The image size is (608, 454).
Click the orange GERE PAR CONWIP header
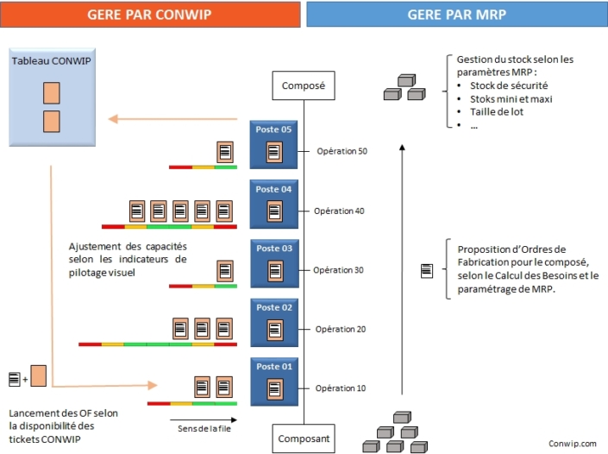pyautogui.click(x=149, y=14)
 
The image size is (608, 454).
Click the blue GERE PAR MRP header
pyautogui.click(x=456, y=14)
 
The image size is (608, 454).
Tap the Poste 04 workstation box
pyautogui.click(x=274, y=204)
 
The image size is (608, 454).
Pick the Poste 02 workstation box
pyautogui.click(x=274, y=322)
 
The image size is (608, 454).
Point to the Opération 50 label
pyautogui.click(x=342, y=152)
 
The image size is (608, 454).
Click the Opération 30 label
pyautogui.click(x=338, y=270)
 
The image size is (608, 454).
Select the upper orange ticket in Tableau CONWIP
pyautogui.click(x=52, y=91)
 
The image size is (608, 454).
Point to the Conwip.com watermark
pyautogui.click(x=572, y=443)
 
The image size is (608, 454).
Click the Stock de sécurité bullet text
pyautogui.click(x=509, y=85)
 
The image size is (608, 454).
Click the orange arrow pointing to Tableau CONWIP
pyautogui.click(x=167, y=119)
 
